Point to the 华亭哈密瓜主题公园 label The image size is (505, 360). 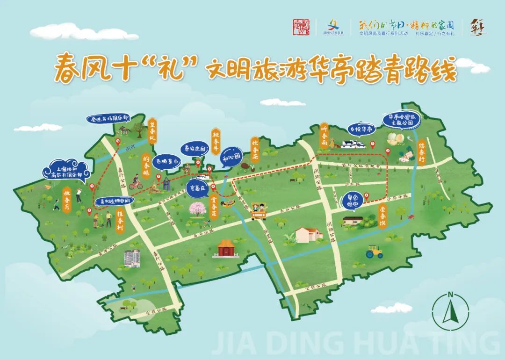tap(400, 119)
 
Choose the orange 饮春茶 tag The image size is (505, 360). tap(255, 148)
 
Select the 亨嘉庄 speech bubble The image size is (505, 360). tap(197, 183)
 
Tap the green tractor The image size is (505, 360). tap(374, 253)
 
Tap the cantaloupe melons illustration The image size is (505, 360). tap(396, 138)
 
